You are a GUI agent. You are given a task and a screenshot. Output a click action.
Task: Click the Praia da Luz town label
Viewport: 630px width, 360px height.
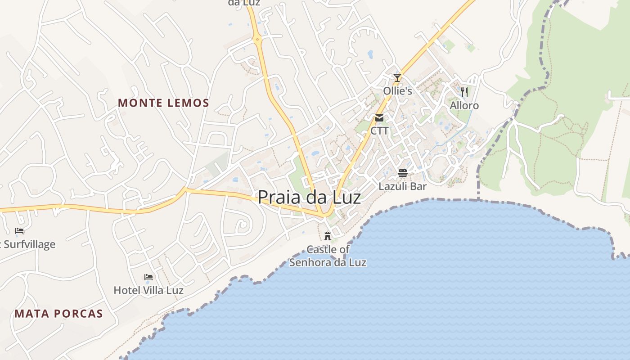309,198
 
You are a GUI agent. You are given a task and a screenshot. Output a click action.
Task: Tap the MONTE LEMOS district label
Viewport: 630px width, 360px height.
163,103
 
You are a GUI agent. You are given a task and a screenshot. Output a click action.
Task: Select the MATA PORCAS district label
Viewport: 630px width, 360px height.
58,314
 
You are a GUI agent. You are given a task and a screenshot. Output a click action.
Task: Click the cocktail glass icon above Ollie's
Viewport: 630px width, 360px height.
397,78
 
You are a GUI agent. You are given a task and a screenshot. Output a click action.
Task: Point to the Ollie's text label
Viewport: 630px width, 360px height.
397,91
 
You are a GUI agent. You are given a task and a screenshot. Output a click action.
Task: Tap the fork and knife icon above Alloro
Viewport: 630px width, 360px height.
464,92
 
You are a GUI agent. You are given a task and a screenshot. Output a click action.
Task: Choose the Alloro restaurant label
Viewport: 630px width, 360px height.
464,106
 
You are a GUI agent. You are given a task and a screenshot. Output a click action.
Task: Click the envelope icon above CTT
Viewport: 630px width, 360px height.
379,118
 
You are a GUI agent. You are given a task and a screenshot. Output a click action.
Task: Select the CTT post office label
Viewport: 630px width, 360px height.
379,131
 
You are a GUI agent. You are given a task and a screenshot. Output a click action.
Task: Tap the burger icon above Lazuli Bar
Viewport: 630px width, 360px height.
402,173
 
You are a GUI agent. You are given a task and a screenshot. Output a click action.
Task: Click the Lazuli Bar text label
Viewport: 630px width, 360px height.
402,186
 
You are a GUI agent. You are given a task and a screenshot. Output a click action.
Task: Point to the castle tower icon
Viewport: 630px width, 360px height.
328,236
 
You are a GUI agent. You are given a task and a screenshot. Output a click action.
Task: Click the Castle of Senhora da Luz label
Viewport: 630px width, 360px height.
328,256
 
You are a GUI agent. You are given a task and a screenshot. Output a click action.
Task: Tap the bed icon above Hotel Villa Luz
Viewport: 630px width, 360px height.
148,277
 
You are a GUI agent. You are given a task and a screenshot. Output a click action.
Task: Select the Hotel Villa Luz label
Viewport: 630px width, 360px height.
148,290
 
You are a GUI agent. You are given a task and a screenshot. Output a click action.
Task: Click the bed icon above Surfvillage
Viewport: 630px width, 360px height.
19,231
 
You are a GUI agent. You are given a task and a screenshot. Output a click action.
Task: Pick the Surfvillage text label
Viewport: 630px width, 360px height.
29,244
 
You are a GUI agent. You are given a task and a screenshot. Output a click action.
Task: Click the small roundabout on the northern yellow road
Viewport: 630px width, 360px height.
258,40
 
